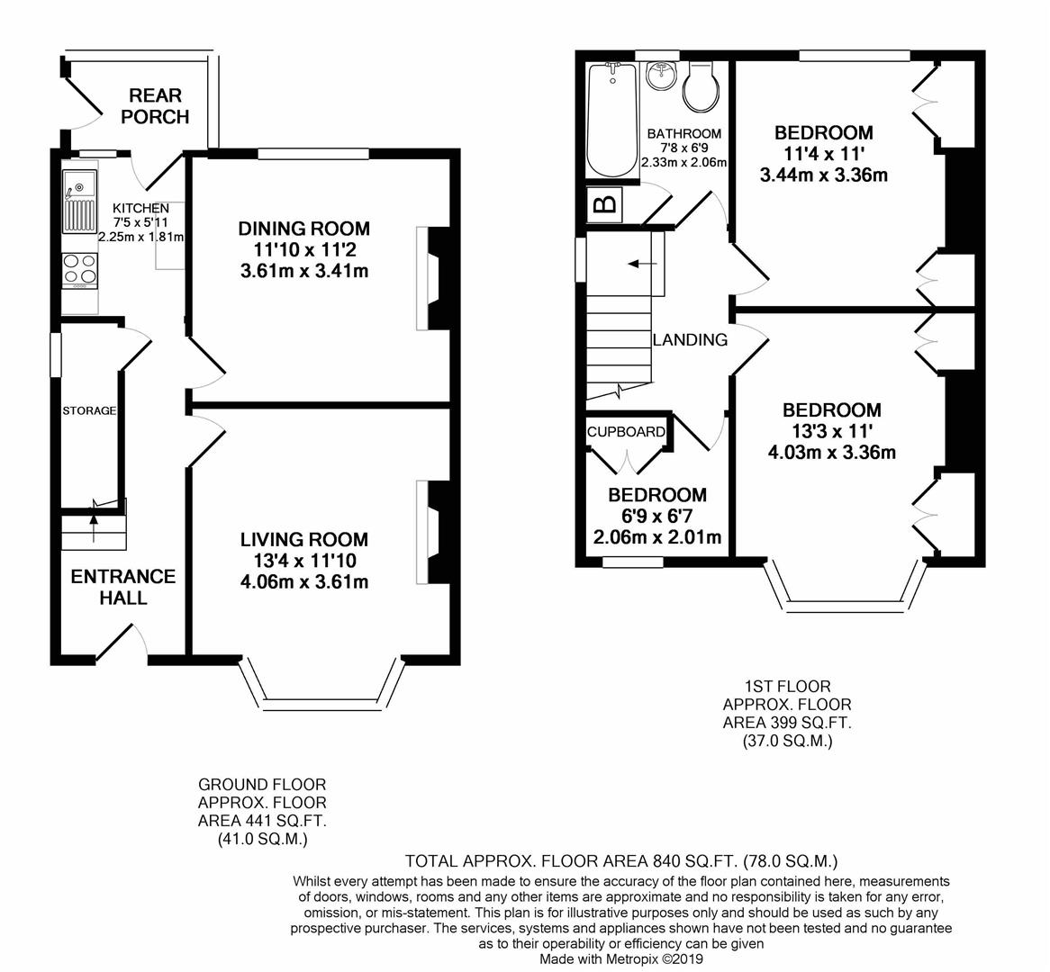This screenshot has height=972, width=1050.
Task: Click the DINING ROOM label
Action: tap(304, 229)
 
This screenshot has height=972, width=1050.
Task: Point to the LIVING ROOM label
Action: tap(304, 540)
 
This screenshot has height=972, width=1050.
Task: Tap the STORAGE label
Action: tap(89, 411)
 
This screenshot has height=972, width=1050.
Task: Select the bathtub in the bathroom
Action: tap(611, 121)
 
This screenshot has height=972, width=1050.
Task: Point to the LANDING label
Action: tap(690, 340)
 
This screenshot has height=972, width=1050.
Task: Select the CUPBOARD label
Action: tap(626, 432)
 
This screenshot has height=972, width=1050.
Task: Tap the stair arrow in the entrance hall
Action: tap(93, 517)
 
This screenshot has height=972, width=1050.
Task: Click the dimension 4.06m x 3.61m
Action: tap(304, 581)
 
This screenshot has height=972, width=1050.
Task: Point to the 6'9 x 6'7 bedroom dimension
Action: tap(657, 516)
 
